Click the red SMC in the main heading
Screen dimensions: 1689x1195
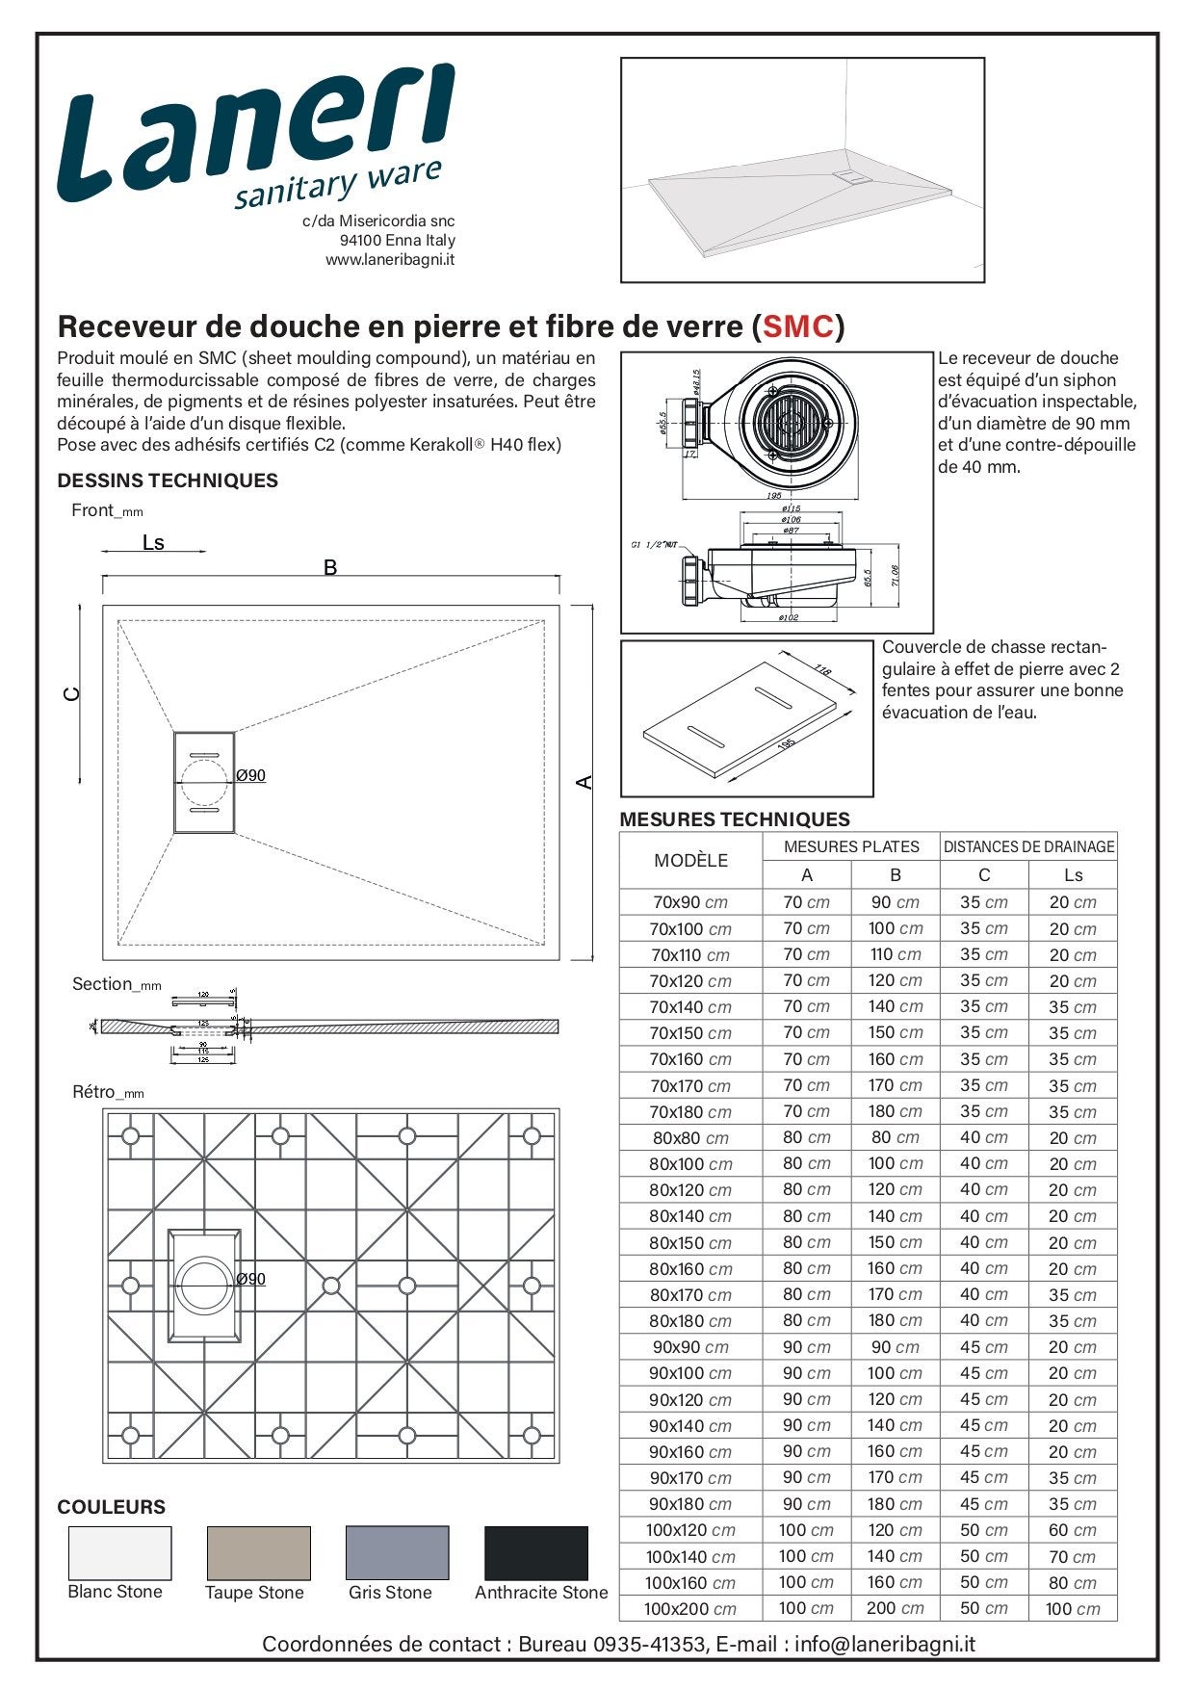click(796, 327)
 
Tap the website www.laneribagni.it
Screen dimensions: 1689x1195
click(390, 260)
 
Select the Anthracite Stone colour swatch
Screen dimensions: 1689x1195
click(535, 1552)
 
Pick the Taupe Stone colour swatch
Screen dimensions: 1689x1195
click(258, 1552)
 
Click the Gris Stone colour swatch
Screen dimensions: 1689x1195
click(397, 1552)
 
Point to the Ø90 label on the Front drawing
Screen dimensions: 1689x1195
click(251, 776)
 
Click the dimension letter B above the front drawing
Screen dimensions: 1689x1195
click(330, 568)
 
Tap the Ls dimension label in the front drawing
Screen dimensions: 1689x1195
click(153, 543)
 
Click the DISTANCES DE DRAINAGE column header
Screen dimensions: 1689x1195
click(1028, 847)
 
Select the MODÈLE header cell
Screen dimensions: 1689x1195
click(690, 861)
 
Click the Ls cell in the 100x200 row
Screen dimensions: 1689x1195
click(1073, 1609)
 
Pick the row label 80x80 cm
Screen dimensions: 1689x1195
click(690, 1138)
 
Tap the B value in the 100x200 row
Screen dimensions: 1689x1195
click(895, 1608)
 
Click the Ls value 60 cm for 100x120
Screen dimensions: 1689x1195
click(1073, 1531)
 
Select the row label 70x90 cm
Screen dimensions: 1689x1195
click(690, 903)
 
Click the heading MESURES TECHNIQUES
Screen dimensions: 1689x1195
click(735, 819)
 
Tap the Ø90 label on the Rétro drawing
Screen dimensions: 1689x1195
click(251, 1280)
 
